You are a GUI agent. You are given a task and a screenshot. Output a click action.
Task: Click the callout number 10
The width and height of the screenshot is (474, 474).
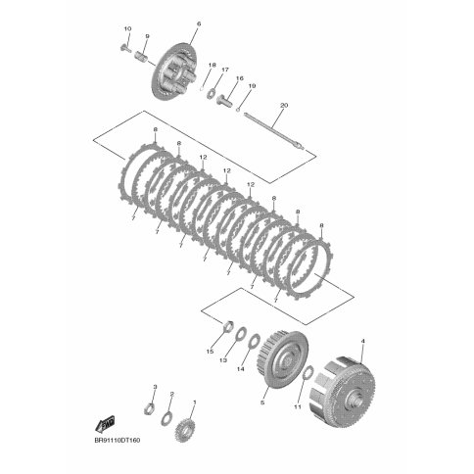(127, 29)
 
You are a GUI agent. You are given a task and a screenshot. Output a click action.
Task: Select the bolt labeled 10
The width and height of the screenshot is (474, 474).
(124, 49)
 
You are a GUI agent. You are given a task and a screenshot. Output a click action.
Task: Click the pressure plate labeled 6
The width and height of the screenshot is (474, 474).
(174, 71)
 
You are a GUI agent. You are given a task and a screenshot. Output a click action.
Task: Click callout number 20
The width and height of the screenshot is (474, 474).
(284, 106)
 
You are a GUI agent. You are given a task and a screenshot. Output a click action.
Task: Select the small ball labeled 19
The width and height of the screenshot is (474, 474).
(238, 110)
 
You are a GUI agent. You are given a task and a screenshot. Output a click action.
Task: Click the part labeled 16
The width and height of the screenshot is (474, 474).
(224, 99)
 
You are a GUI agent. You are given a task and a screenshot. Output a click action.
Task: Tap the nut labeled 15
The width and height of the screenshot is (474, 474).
(227, 326)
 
